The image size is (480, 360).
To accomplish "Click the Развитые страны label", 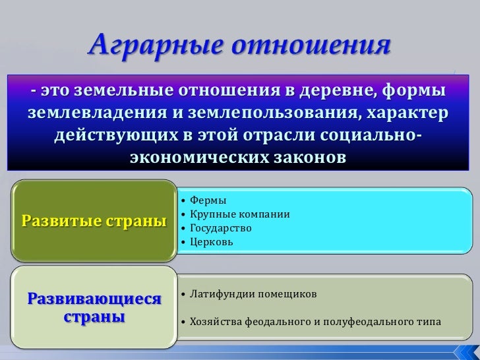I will (x=94, y=220).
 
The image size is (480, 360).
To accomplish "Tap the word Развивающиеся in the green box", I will (x=94, y=300).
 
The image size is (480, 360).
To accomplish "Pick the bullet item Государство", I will (x=220, y=228).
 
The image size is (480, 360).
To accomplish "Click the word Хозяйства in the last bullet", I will (x=216, y=322).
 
